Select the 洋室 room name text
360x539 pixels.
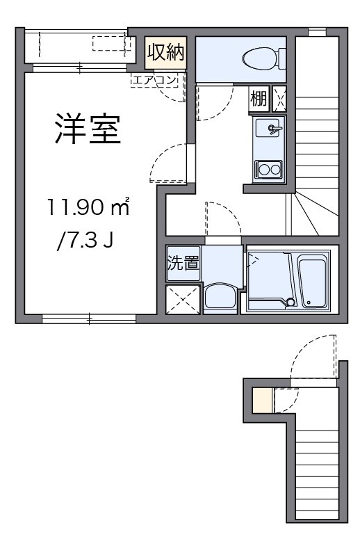88,130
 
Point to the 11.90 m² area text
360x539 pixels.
88,207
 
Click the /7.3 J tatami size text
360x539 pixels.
85,242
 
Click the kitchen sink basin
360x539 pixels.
268,129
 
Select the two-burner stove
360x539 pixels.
268,169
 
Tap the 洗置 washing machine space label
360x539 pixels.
183,263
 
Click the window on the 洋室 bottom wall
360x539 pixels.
89,319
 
